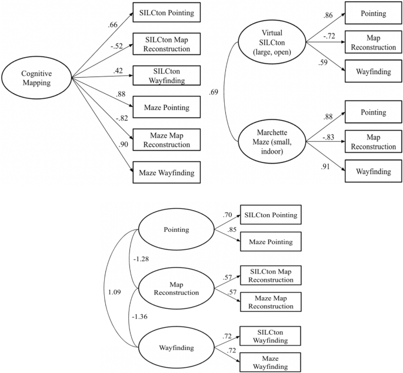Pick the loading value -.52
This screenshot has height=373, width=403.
pyautogui.click(x=116, y=52)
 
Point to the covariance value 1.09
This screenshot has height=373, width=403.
pyautogui.click(x=114, y=291)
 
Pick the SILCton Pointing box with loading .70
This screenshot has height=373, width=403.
pyautogui.click(x=269, y=215)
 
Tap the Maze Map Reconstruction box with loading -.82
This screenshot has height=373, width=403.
pyautogui.click(x=165, y=139)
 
